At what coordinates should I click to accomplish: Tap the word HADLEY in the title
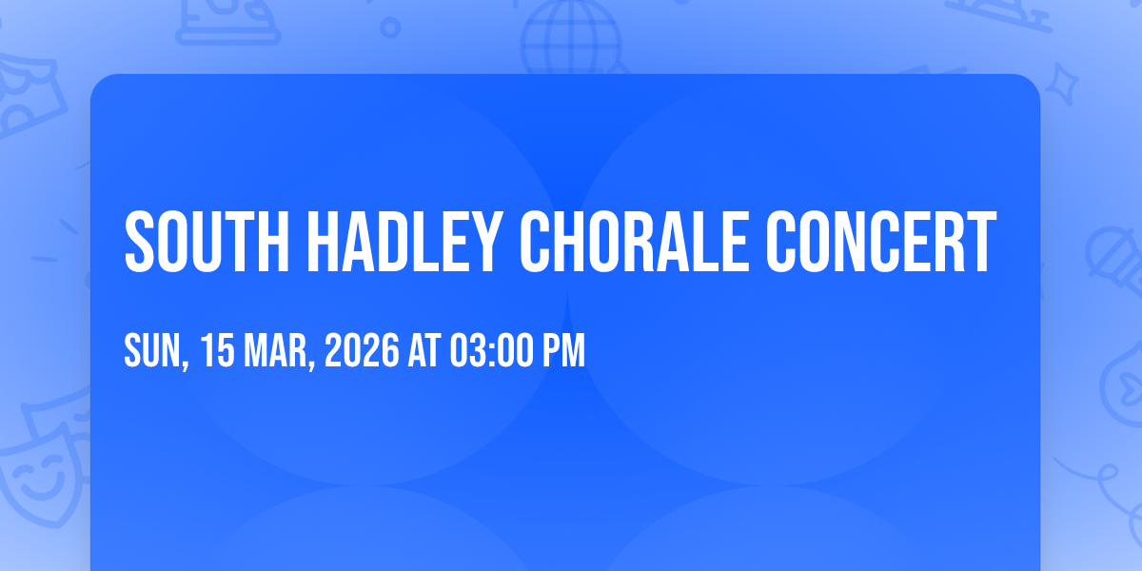click(405, 242)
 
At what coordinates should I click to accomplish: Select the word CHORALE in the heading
click(635, 242)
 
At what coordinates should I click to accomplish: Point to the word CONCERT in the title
click(881, 242)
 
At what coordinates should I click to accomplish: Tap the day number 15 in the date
click(218, 350)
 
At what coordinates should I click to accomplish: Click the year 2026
click(362, 350)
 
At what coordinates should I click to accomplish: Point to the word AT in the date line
click(424, 350)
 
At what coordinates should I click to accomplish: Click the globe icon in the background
click(571, 38)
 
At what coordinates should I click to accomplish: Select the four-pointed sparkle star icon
click(1062, 84)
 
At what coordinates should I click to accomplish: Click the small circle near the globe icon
click(390, 28)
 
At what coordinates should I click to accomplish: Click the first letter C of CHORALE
click(537, 242)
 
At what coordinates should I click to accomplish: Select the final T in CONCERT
click(980, 242)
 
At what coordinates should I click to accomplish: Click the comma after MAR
click(310, 364)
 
